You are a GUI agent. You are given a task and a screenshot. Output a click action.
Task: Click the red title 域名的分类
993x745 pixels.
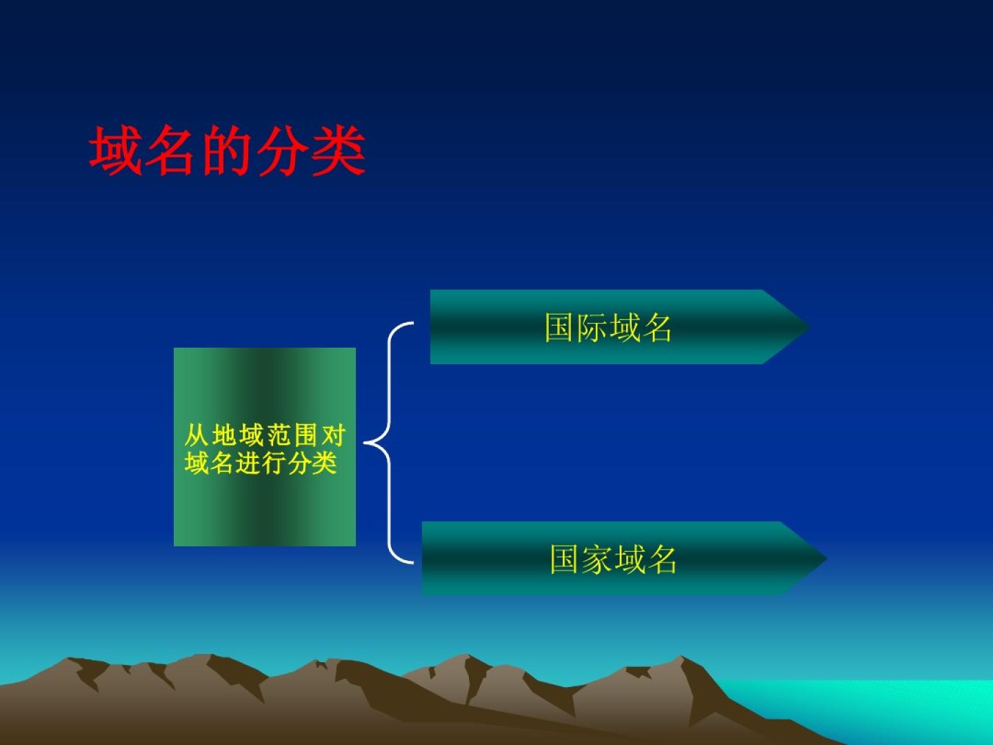[x=227, y=150]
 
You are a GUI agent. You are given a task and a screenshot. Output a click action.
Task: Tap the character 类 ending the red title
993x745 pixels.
[x=339, y=150]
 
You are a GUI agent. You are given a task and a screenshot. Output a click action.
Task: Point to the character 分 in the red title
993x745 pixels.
[x=283, y=150]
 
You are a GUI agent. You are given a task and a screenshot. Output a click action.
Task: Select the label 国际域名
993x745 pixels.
[x=608, y=327]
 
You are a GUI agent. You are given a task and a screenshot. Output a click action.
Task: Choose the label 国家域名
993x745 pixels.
[x=613, y=559]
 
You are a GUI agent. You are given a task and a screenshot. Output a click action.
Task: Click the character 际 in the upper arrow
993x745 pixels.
[x=592, y=327]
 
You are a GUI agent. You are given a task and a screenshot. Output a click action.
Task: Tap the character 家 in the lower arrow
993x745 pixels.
[x=596, y=559]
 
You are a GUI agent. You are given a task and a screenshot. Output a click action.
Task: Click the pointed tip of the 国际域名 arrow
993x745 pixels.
[x=810, y=326]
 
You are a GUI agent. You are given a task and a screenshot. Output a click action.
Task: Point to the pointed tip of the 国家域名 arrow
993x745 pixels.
[x=827, y=558]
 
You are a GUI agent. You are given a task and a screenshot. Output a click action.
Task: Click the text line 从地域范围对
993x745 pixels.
[x=265, y=435]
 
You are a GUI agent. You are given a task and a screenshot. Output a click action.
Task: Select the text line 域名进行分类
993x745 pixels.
[x=261, y=463]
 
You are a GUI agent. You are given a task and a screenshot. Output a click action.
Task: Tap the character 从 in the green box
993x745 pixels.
[x=197, y=435]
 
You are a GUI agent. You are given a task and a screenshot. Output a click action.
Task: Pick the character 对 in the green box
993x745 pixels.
[x=333, y=435]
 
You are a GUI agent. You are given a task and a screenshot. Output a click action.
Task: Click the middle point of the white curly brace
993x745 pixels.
[x=365, y=443]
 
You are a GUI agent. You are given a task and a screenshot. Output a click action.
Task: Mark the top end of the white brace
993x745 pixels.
[x=412, y=323]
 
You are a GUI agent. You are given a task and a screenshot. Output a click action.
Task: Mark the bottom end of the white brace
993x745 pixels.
[x=412, y=563]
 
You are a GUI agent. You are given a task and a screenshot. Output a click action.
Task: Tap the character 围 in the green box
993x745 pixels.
[x=306, y=435]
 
